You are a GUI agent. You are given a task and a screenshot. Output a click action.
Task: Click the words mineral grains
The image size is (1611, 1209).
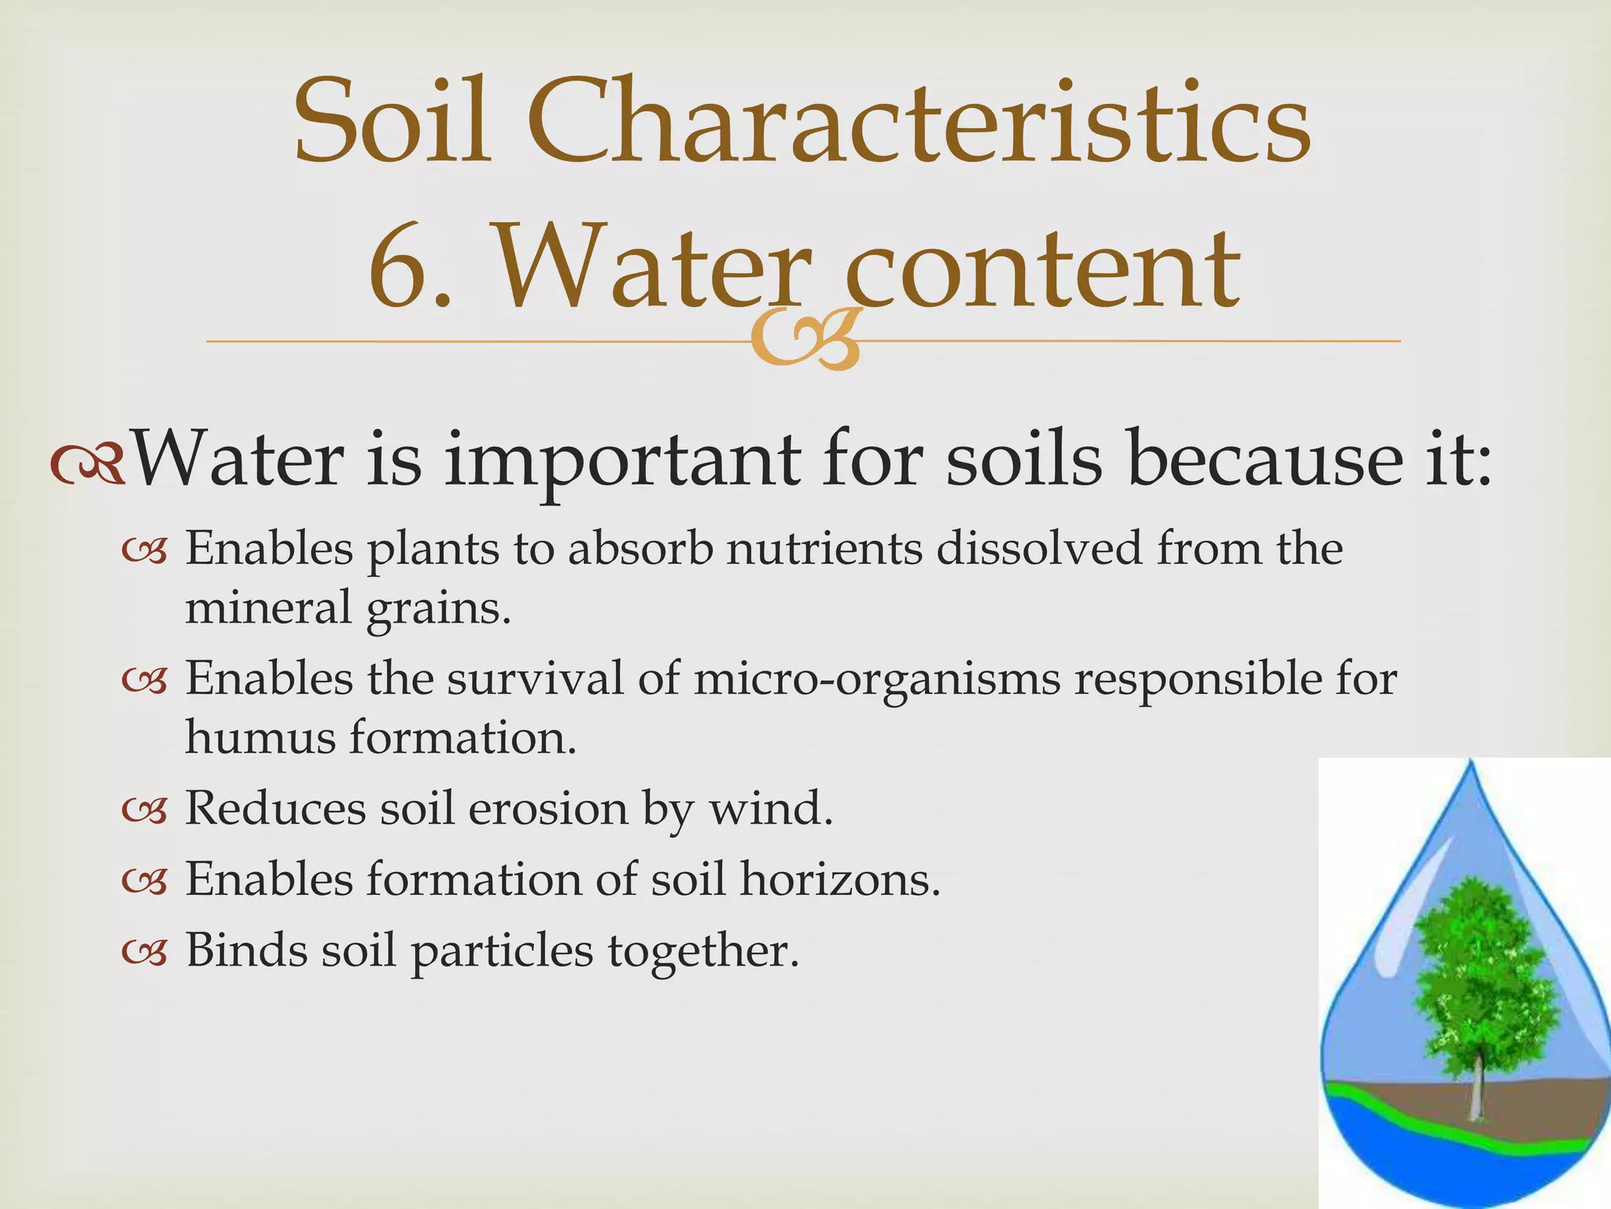347,608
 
